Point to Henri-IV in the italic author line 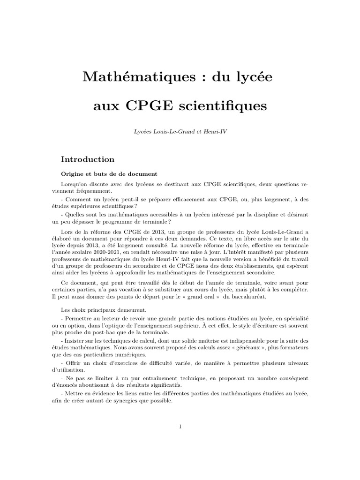216,133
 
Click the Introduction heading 88,159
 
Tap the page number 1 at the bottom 180,426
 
